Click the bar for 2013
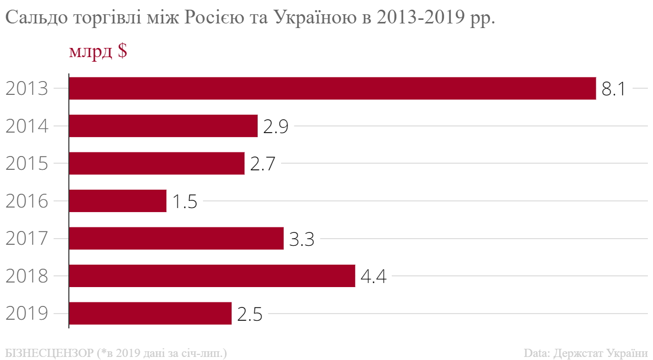tap(332, 88)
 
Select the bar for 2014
tap(163, 126)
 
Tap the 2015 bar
tap(157, 163)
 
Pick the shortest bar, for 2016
tap(117, 201)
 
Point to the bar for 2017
tap(176, 238)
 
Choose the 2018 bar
tap(212, 276)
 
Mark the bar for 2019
tap(150, 313)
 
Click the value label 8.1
tap(614, 89)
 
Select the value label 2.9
tap(276, 127)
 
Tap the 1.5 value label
tap(184, 202)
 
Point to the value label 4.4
tap(373, 277)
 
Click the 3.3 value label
tap(302, 239)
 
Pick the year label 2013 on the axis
tap(27, 89)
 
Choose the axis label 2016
tap(27, 202)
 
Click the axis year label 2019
tap(27, 314)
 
